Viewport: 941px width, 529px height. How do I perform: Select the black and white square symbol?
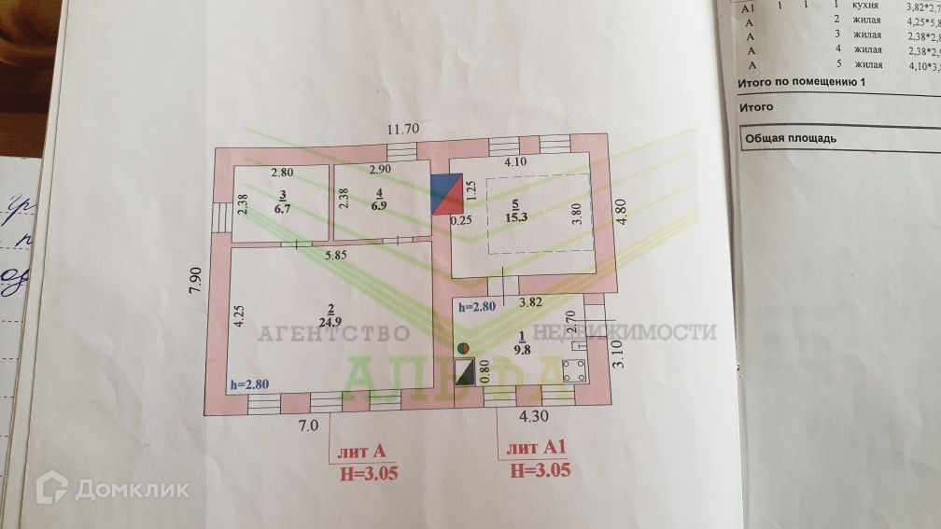463,372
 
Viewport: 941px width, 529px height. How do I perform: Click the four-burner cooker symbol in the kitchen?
575,370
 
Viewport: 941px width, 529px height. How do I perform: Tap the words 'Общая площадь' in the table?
790,138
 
